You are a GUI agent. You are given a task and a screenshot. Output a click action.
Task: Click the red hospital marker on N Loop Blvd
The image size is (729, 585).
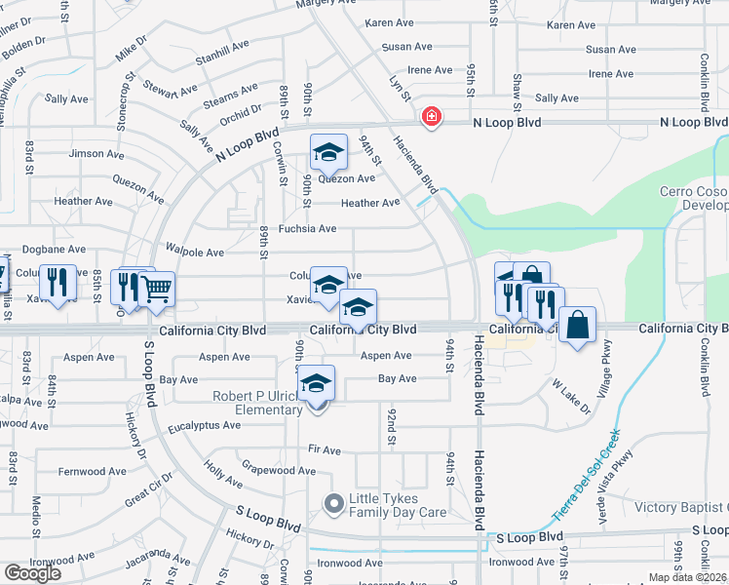tap(430, 118)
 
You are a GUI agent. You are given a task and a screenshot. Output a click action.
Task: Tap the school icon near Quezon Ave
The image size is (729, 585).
tap(328, 153)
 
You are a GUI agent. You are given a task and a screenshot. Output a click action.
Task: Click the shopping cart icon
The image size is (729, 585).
tap(157, 290)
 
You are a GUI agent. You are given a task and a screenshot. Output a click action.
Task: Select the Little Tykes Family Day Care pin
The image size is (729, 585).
tap(334, 503)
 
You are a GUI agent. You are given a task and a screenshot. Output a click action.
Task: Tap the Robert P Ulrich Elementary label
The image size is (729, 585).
tap(258, 403)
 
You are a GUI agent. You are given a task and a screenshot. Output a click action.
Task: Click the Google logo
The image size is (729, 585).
tap(32, 573)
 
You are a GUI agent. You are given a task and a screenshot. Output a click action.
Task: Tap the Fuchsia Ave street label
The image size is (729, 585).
tap(307, 229)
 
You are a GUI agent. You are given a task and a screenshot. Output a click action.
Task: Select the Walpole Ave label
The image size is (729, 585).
tap(195, 252)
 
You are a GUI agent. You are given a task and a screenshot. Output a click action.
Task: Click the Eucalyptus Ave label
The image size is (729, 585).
tap(204, 425)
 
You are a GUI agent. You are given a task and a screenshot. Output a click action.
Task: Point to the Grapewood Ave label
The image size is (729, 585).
tap(278, 470)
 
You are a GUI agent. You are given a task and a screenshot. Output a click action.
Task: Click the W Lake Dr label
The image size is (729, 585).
tap(573, 398)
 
